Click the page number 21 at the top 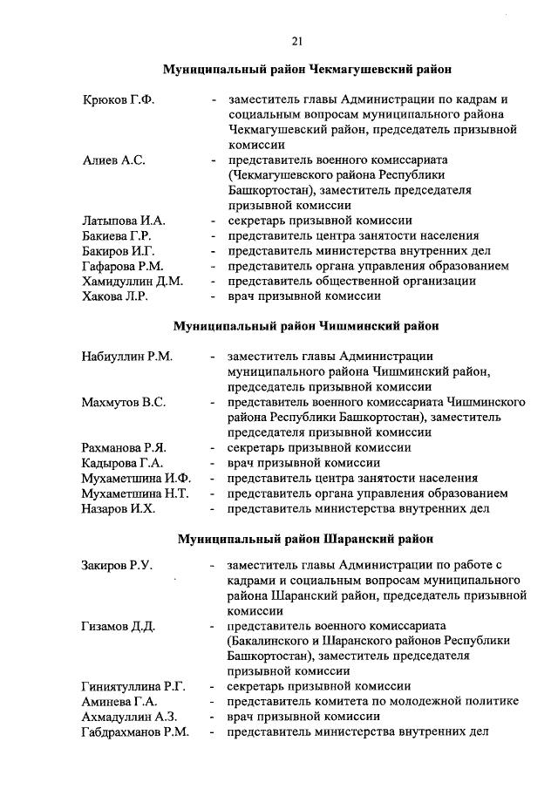coord(297,40)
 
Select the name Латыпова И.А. coord(124,221)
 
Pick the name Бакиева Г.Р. coord(118,235)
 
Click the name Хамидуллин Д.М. coord(132,281)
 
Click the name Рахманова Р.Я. coord(123,447)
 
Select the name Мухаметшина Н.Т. coord(135,493)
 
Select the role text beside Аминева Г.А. coord(372,702)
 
